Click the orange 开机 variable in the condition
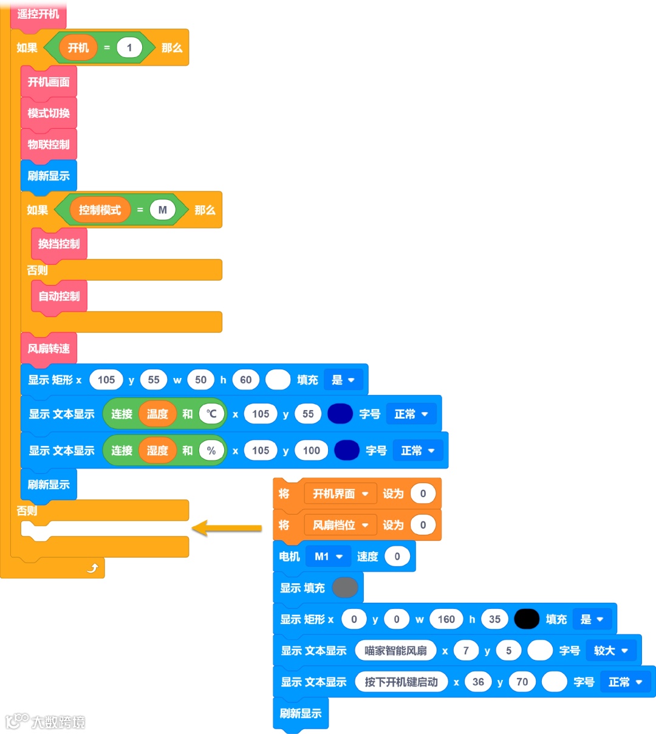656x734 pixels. [78, 48]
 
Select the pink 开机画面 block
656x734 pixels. [49, 82]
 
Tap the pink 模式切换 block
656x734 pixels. [49, 113]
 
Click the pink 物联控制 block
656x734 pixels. [49, 145]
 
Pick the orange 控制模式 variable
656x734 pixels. [100, 210]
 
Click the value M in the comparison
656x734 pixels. [162, 210]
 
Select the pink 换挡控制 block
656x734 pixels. [59, 244]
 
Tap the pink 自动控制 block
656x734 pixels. [59, 296]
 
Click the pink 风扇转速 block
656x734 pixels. [49, 349]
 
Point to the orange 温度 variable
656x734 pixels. [157, 414]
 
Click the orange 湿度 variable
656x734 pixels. [157, 451]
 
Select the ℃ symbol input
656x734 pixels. [211, 414]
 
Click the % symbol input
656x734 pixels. [211, 451]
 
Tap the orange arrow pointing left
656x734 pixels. [227, 528]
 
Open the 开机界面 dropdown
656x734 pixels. [340, 494]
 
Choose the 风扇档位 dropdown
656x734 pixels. [340, 526]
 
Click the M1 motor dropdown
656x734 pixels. [329, 557]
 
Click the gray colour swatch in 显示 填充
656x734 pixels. [345, 588]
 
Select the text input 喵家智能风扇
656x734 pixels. [395, 651]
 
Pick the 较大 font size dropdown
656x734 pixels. [611, 651]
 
